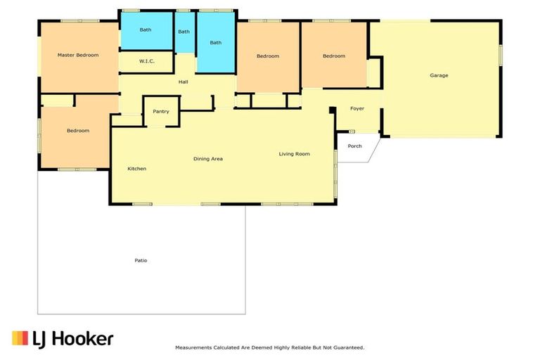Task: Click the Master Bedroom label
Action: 78,55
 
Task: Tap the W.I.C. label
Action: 146,61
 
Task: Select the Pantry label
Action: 161,111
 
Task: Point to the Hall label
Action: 183,82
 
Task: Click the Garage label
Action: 439,75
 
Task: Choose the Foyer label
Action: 357,108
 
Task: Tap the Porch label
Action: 355,146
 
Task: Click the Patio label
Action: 141,260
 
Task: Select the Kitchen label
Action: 136,169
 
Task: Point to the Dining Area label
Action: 208,159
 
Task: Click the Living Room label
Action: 294,154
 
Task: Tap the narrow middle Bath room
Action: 184,32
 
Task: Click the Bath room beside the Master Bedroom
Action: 146,30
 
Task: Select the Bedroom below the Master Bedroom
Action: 78,131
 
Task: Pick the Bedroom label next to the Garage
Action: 334,56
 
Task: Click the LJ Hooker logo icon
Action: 20,338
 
